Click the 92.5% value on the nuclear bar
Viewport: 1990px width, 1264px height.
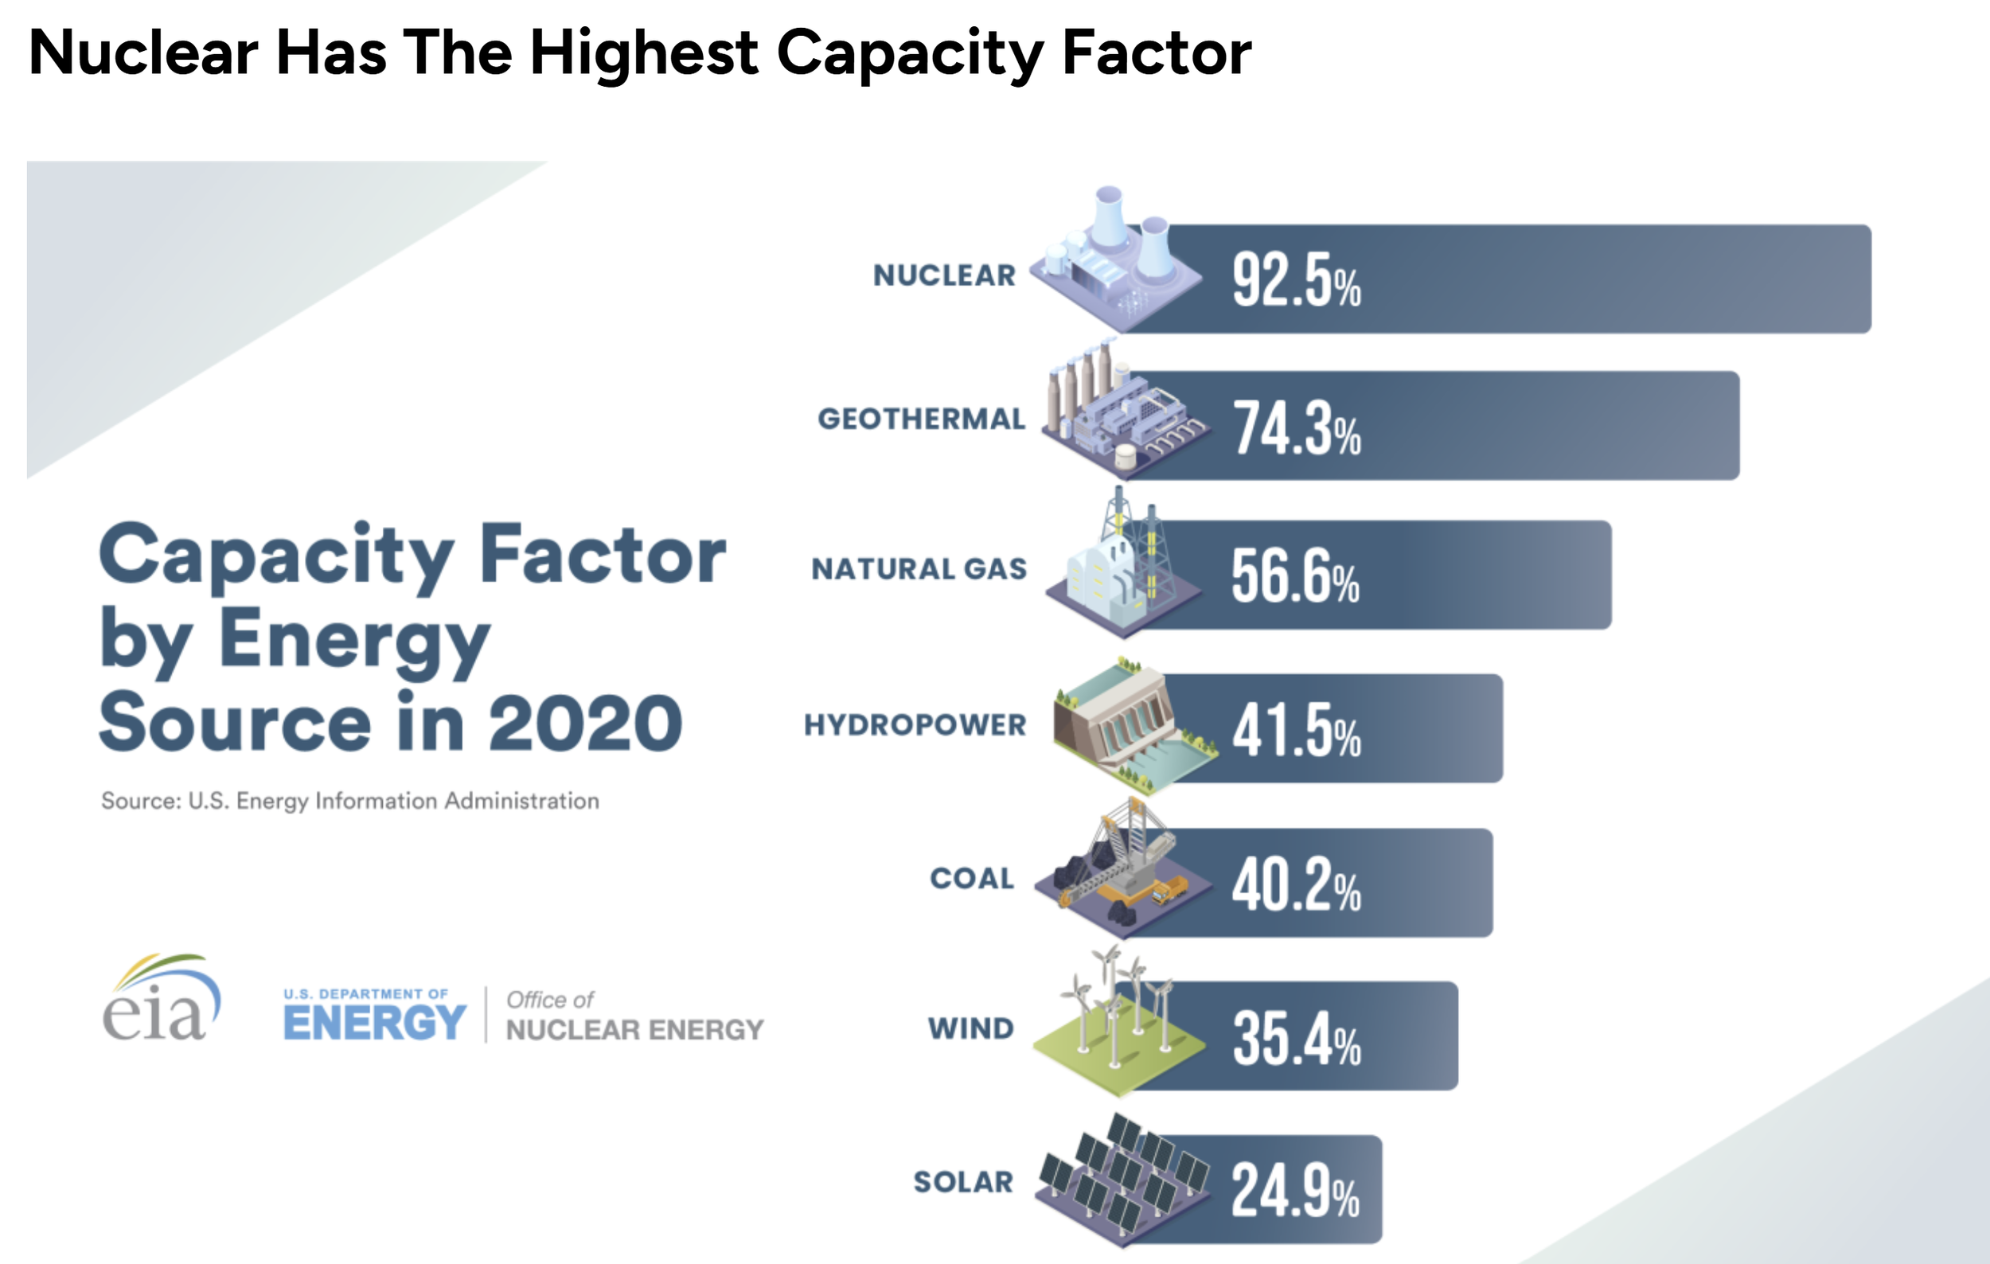pyautogui.click(x=1296, y=281)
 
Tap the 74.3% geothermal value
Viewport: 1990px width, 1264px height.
pyautogui.click(x=1297, y=429)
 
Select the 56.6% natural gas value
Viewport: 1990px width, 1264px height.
pyautogui.click(x=1295, y=575)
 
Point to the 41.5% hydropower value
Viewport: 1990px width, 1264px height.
pyautogui.click(x=1296, y=731)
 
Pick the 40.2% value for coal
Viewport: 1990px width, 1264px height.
pyautogui.click(x=1296, y=885)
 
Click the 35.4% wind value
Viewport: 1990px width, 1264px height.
pyautogui.click(x=1296, y=1039)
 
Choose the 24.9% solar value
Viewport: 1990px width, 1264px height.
pyautogui.click(x=1295, y=1191)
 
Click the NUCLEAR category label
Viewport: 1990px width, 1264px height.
pyautogui.click(x=944, y=276)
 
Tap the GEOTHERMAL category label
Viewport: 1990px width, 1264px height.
pyautogui.click(x=922, y=419)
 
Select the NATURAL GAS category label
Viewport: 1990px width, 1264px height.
pyautogui.click(x=919, y=569)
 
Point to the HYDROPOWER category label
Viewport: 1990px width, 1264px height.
pyautogui.click(x=915, y=725)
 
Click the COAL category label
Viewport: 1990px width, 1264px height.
pyautogui.click(x=972, y=879)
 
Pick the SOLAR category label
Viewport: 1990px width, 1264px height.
pyautogui.click(x=963, y=1182)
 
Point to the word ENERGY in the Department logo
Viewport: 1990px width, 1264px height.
pyautogui.click(x=374, y=1024)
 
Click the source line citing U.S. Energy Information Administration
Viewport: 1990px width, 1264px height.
pyautogui.click(x=349, y=801)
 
